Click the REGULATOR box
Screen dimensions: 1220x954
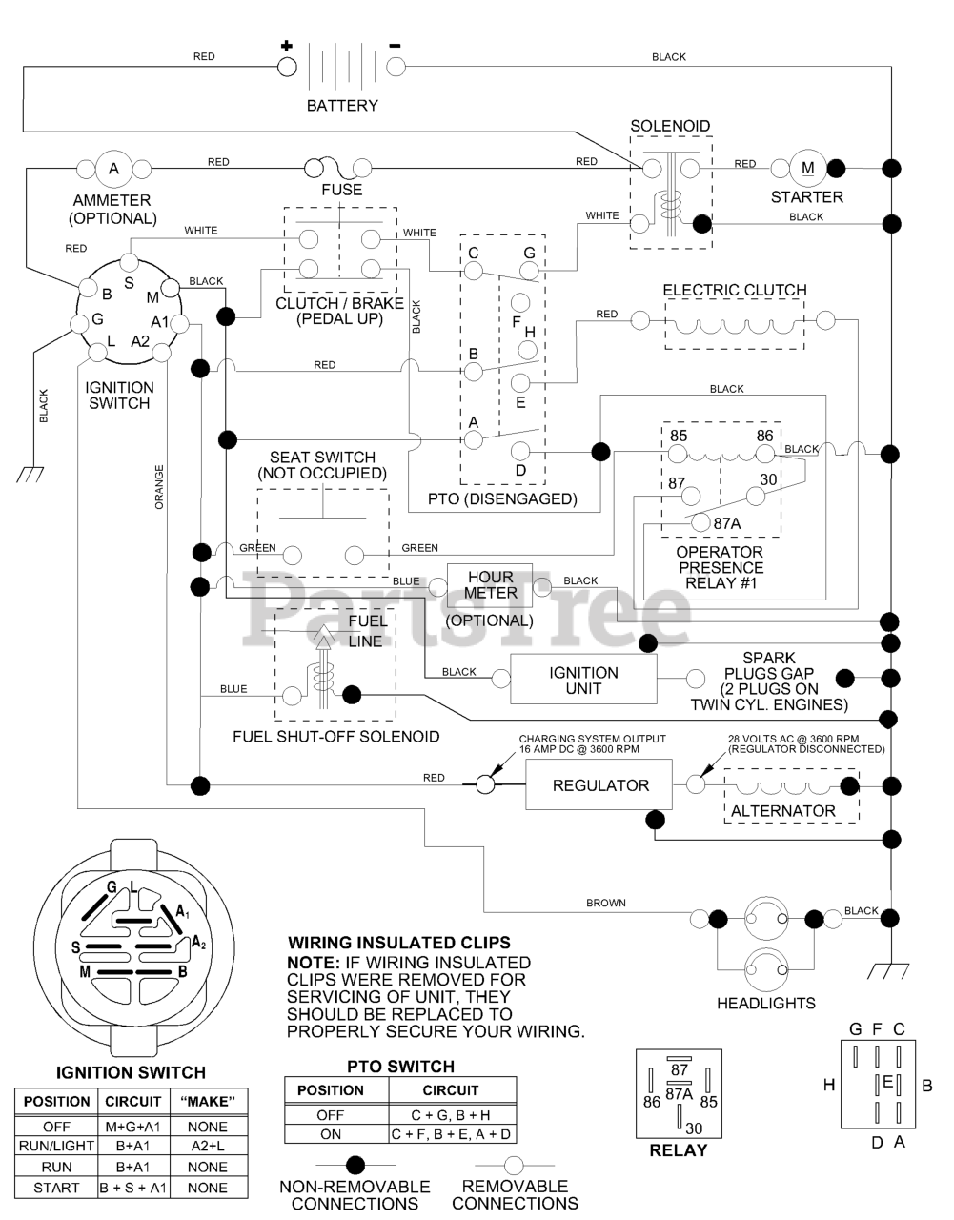(599, 784)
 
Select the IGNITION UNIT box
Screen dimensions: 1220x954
(583, 680)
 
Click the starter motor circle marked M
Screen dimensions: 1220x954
(807, 169)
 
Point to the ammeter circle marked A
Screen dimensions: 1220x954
(113, 169)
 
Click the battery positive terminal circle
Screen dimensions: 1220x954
(287, 67)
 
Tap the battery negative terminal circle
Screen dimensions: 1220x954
(396, 67)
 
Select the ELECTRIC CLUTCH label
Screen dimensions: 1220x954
(734, 290)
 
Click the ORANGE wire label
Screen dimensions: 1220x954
(159, 486)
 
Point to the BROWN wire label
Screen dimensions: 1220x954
(605, 903)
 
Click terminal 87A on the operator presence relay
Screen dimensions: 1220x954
(700, 522)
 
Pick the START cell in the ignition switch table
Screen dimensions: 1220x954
(56, 1188)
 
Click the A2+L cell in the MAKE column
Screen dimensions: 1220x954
(208, 1147)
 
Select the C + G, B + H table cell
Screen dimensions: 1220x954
(452, 1114)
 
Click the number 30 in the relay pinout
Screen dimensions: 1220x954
(694, 1128)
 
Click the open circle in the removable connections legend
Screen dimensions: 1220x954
(515, 1164)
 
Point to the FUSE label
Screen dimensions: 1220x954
(341, 190)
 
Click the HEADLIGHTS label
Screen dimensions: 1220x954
(766, 1003)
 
